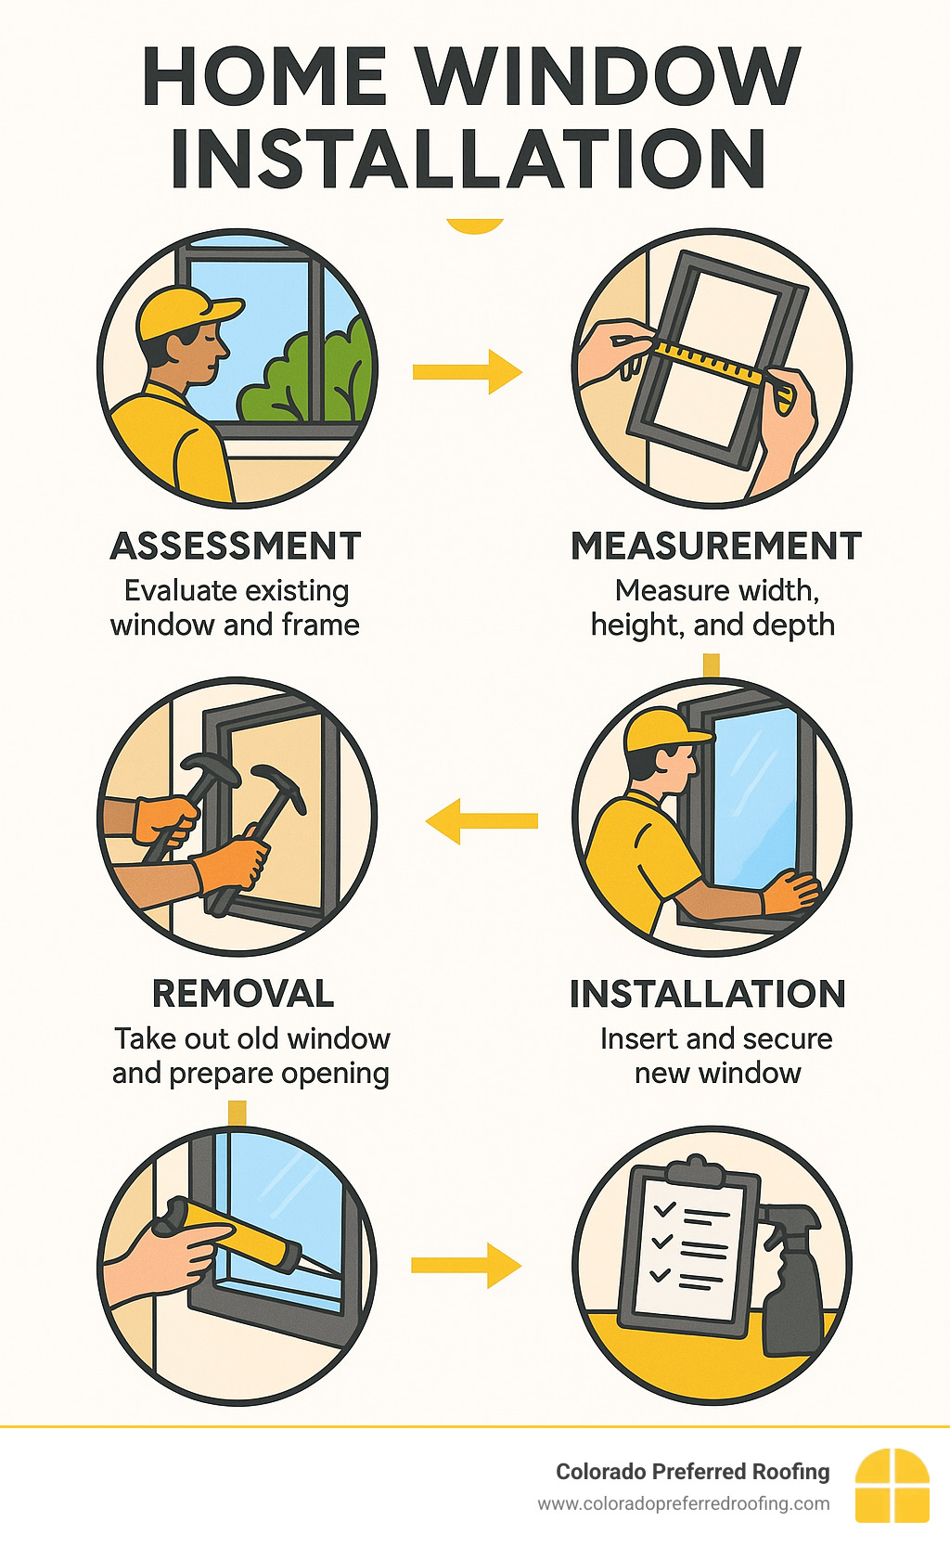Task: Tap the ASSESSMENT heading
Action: [236, 546]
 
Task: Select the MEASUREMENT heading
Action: [716, 546]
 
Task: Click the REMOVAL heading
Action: [243, 994]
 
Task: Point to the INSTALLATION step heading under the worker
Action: [708, 994]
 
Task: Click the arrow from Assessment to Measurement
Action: [467, 372]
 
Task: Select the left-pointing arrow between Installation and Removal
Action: [481, 820]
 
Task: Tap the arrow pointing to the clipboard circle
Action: [467, 1265]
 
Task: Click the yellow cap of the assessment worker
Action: [185, 312]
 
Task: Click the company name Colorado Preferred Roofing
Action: [693, 1472]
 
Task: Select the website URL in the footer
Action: [684, 1504]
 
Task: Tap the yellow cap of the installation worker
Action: [662, 731]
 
